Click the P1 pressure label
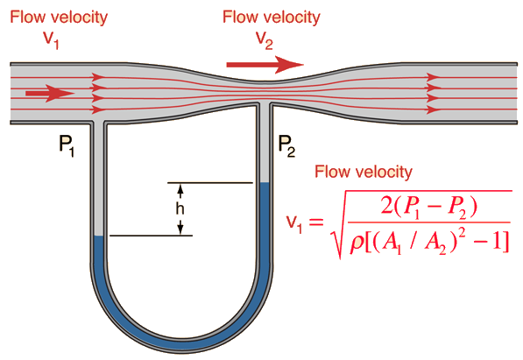coord(67,146)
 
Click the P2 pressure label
coord(286,146)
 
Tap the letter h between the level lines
coord(180,208)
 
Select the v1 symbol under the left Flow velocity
coord(52,39)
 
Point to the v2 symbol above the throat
coord(265,40)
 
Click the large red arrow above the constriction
coord(265,65)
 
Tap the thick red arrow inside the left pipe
coord(50,93)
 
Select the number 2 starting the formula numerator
coord(386,207)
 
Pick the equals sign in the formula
coord(316,222)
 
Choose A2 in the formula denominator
coord(435,244)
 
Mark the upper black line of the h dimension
coord(209,183)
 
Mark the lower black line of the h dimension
coord(151,236)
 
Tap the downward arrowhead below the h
coord(180,229)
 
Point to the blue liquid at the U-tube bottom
coord(182,344)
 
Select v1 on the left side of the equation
coord(294,222)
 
